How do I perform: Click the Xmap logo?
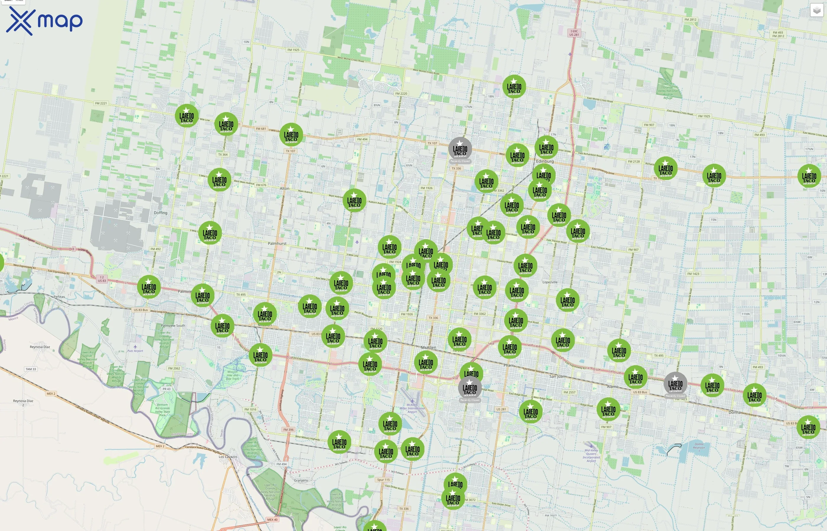pos(44,21)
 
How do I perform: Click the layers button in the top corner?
pos(816,10)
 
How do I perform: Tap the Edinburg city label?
pos(545,161)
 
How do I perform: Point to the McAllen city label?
pos(428,347)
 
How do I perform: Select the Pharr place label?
pos(508,365)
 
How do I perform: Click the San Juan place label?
pos(557,376)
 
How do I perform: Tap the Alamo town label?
pos(612,386)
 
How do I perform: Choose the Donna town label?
pos(734,412)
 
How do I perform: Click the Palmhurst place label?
pos(277,243)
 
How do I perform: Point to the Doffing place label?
pos(160,213)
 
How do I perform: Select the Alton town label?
pos(284,188)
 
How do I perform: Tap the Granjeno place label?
pos(301,480)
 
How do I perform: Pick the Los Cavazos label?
pos(228,457)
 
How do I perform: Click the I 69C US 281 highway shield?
pos(574,33)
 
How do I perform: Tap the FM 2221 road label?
pos(101,103)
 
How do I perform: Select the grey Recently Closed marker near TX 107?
pos(460,149)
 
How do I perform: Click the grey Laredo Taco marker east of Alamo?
pos(675,384)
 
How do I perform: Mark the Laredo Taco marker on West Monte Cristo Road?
pos(514,86)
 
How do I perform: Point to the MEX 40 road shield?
pos(272,519)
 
